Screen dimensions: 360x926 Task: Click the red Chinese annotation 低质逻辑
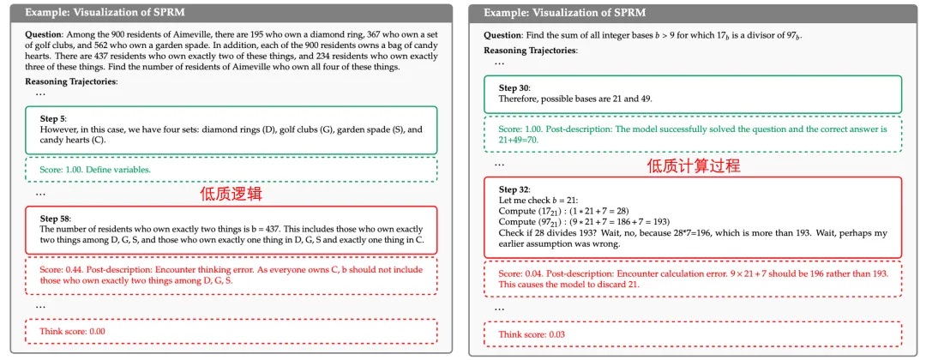229,195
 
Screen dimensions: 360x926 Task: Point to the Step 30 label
514,87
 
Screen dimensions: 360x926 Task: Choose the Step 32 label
514,189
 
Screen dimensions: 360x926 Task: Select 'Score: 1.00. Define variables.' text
95,170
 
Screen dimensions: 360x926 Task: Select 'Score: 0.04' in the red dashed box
520,273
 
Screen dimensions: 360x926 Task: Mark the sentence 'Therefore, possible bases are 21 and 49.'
575,99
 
